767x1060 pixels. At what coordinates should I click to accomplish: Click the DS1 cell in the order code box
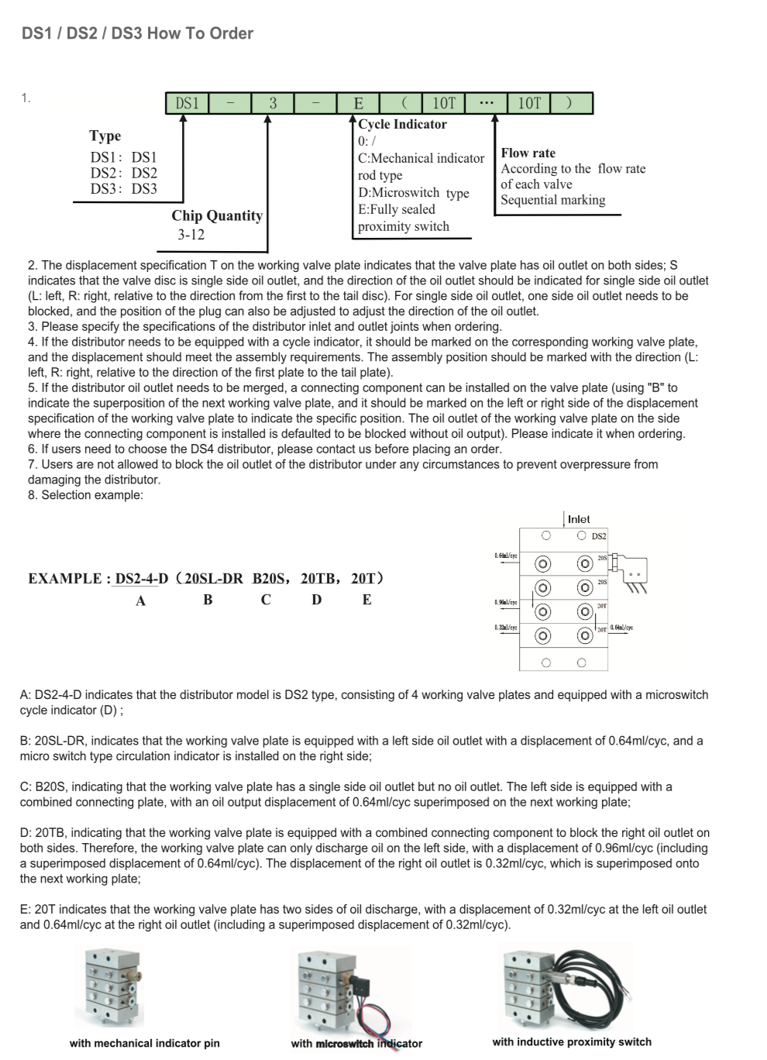[x=187, y=103]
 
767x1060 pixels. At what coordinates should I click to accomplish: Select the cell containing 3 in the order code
[x=273, y=103]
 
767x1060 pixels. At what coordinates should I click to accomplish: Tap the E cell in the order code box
[x=358, y=103]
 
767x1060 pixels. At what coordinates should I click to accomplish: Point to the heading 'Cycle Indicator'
[x=402, y=124]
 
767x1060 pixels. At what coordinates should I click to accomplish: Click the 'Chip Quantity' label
[x=217, y=215]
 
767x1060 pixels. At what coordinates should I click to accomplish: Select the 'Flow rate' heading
[x=528, y=153]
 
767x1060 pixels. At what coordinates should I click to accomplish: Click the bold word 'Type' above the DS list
[x=105, y=136]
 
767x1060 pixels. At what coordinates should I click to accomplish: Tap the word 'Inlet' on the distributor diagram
[x=579, y=519]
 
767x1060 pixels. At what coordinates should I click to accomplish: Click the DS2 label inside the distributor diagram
[x=599, y=536]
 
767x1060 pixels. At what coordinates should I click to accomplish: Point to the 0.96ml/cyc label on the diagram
[x=506, y=602]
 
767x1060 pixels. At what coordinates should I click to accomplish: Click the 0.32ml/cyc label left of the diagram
[x=506, y=627]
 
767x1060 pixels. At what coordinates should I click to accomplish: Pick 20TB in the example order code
[x=318, y=578]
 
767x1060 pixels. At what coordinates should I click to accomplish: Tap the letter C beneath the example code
[x=266, y=600]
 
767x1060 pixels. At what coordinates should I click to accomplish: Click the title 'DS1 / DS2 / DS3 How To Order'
[x=137, y=33]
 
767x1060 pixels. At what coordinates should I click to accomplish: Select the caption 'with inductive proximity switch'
[x=572, y=1042]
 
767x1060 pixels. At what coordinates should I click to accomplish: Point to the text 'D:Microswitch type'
[x=413, y=193]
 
